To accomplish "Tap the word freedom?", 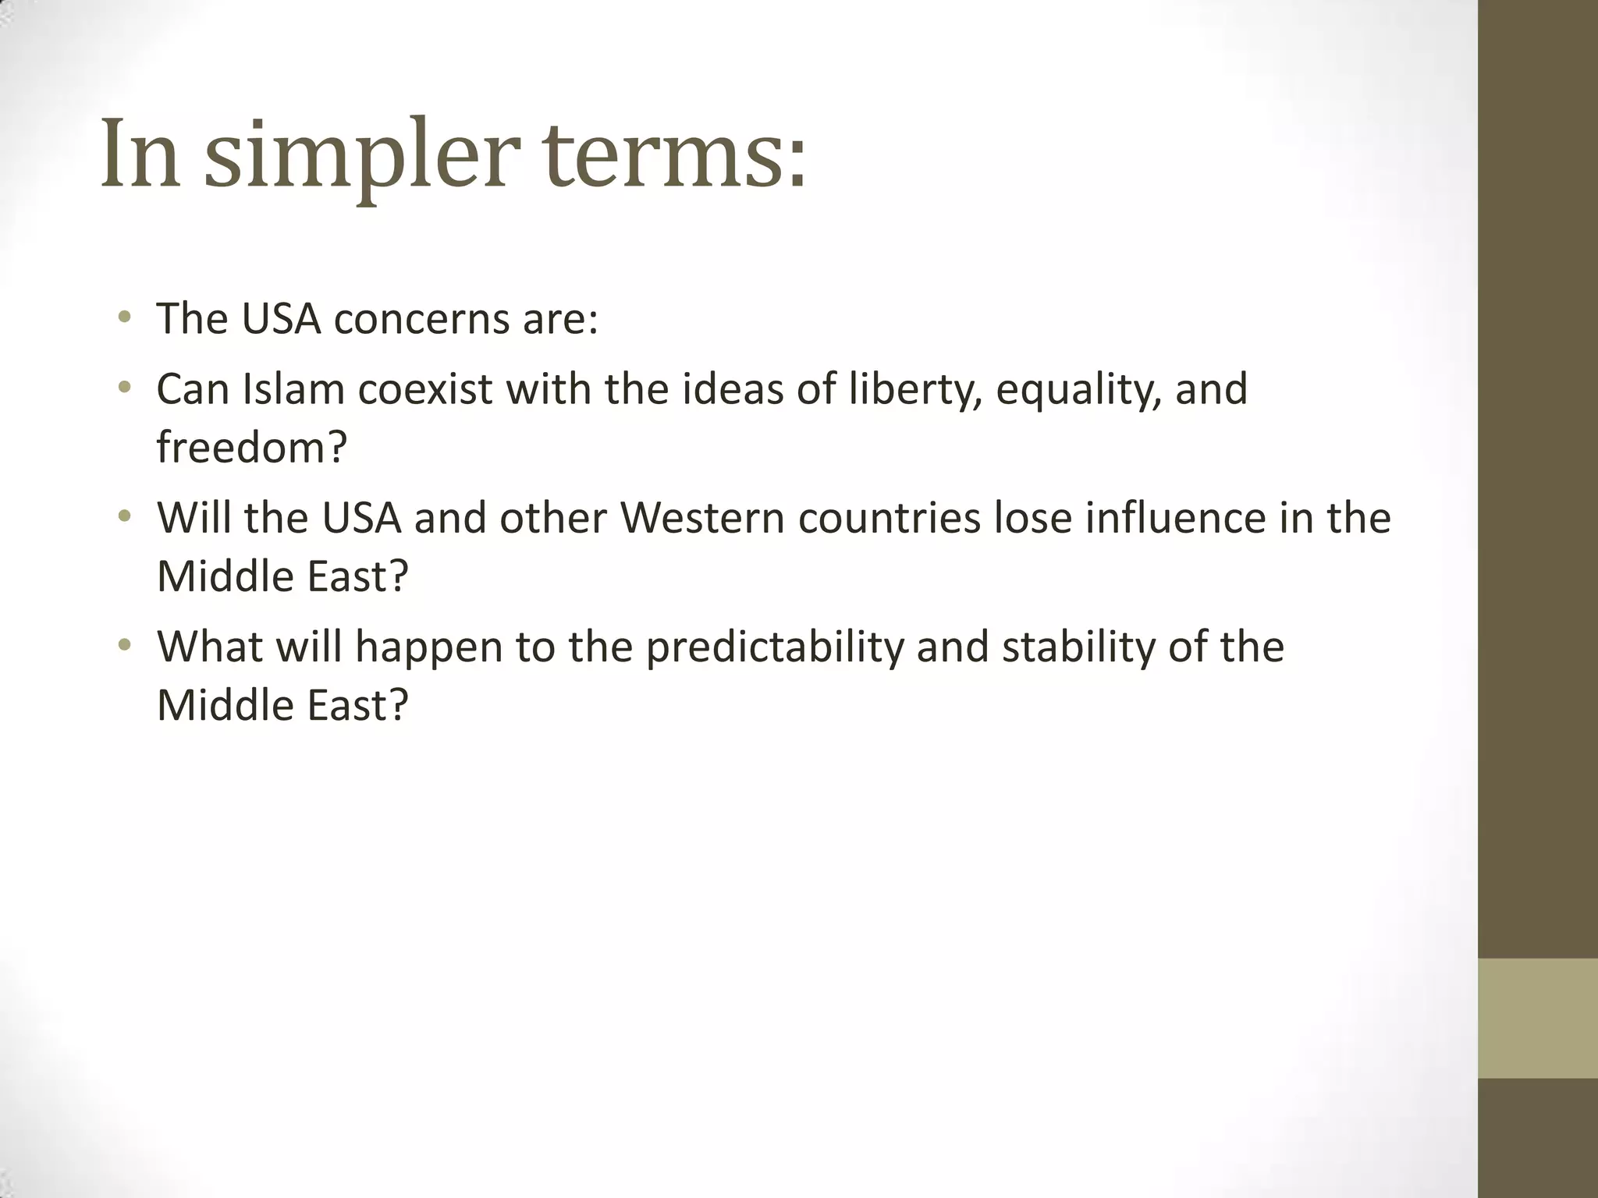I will [251, 448].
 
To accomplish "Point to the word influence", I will [1175, 518].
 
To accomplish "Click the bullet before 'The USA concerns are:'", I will [124, 318].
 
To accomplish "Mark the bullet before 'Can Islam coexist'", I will [124, 388].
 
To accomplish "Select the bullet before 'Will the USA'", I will [124, 516].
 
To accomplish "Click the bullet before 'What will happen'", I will [124, 646].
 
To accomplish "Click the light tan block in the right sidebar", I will [1537, 1018].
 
